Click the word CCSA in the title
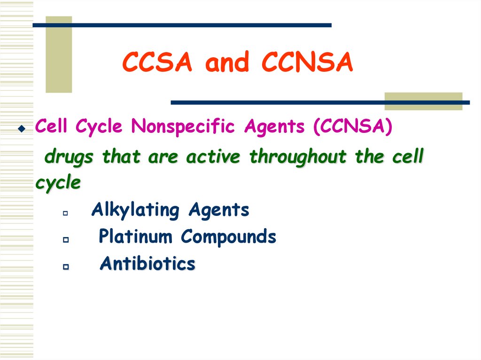pyautogui.click(x=157, y=63)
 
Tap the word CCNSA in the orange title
pyautogui.click(x=307, y=63)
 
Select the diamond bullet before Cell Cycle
pyautogui.click(x=21, y=128)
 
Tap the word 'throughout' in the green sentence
pyautogui.click(x=299, y=157)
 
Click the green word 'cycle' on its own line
pyautogui.click(x=58, y=183)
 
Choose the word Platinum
pyautogui.click(x=135, y=237)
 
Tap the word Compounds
pyautogui.click(x=229, y=237)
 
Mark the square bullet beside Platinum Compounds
pyautogui.click(x=65, y=240)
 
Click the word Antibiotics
pyautogui.click(x=147, y=264)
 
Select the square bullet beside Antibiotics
pyautogui.click(x=65, y=267)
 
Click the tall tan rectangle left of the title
pyautogui.click(x=59, y=54)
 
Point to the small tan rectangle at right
pyautogui.click(x=423, y=101)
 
